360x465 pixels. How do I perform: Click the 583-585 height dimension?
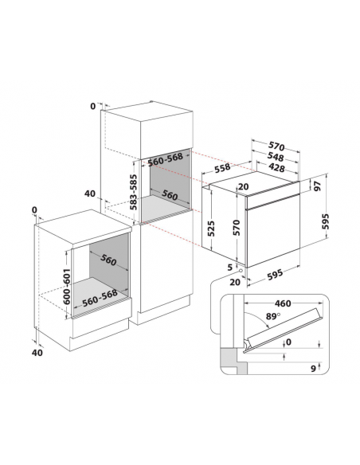coord(134,192)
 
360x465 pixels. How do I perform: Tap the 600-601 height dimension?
coord(66,286)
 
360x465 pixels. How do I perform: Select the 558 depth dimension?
coord(222,168)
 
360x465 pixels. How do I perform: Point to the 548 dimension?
coord(276,156)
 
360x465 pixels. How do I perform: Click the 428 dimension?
coord(276,167)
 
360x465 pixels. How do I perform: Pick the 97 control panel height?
coord(318,186)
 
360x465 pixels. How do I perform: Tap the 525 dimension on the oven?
coord(211,228)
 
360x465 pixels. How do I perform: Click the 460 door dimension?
coord(283,303)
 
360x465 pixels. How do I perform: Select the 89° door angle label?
coord(273,316)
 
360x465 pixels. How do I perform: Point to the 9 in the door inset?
coord(313,369)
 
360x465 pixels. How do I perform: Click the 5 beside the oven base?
coord(230,268)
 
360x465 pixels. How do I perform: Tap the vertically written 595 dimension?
coord(326,221)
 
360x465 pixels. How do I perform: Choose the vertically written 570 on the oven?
coord(237,228)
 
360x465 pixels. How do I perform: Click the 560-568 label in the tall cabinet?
coord(166,159)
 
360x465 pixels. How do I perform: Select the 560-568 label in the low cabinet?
coord(100,298)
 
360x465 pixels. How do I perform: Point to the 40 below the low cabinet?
coord(37,352)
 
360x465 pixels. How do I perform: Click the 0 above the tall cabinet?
coord(93,106)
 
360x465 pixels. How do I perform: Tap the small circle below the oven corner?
coord(241,271)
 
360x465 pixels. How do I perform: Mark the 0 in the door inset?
coord(288,342)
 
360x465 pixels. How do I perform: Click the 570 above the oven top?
coord(276,147)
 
